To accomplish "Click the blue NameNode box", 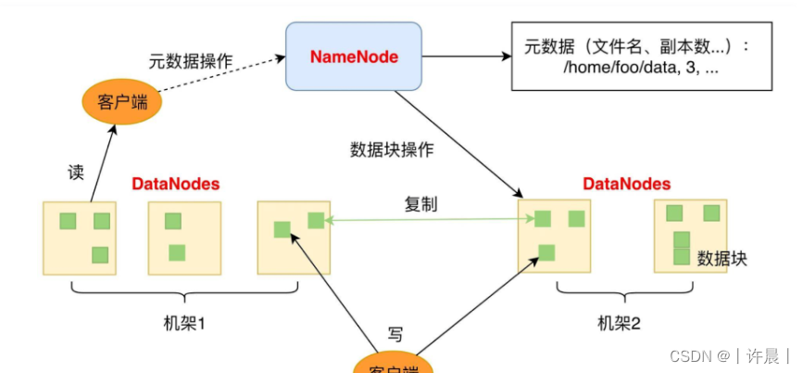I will (x=354, y=58).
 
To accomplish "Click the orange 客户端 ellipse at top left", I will (x=122, y=101).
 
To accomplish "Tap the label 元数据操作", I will (x=190, y=62).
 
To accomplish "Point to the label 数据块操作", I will (x=392, y=149).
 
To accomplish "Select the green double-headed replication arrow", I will (x=426, y=220).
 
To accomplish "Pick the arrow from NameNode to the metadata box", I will (x=467, y=58).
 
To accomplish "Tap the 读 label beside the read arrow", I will (x=76, y=173).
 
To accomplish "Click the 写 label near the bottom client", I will (x=395, y=334).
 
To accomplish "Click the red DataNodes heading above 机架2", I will (x=627, y=184).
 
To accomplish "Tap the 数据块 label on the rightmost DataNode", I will (x=722, y=258).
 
